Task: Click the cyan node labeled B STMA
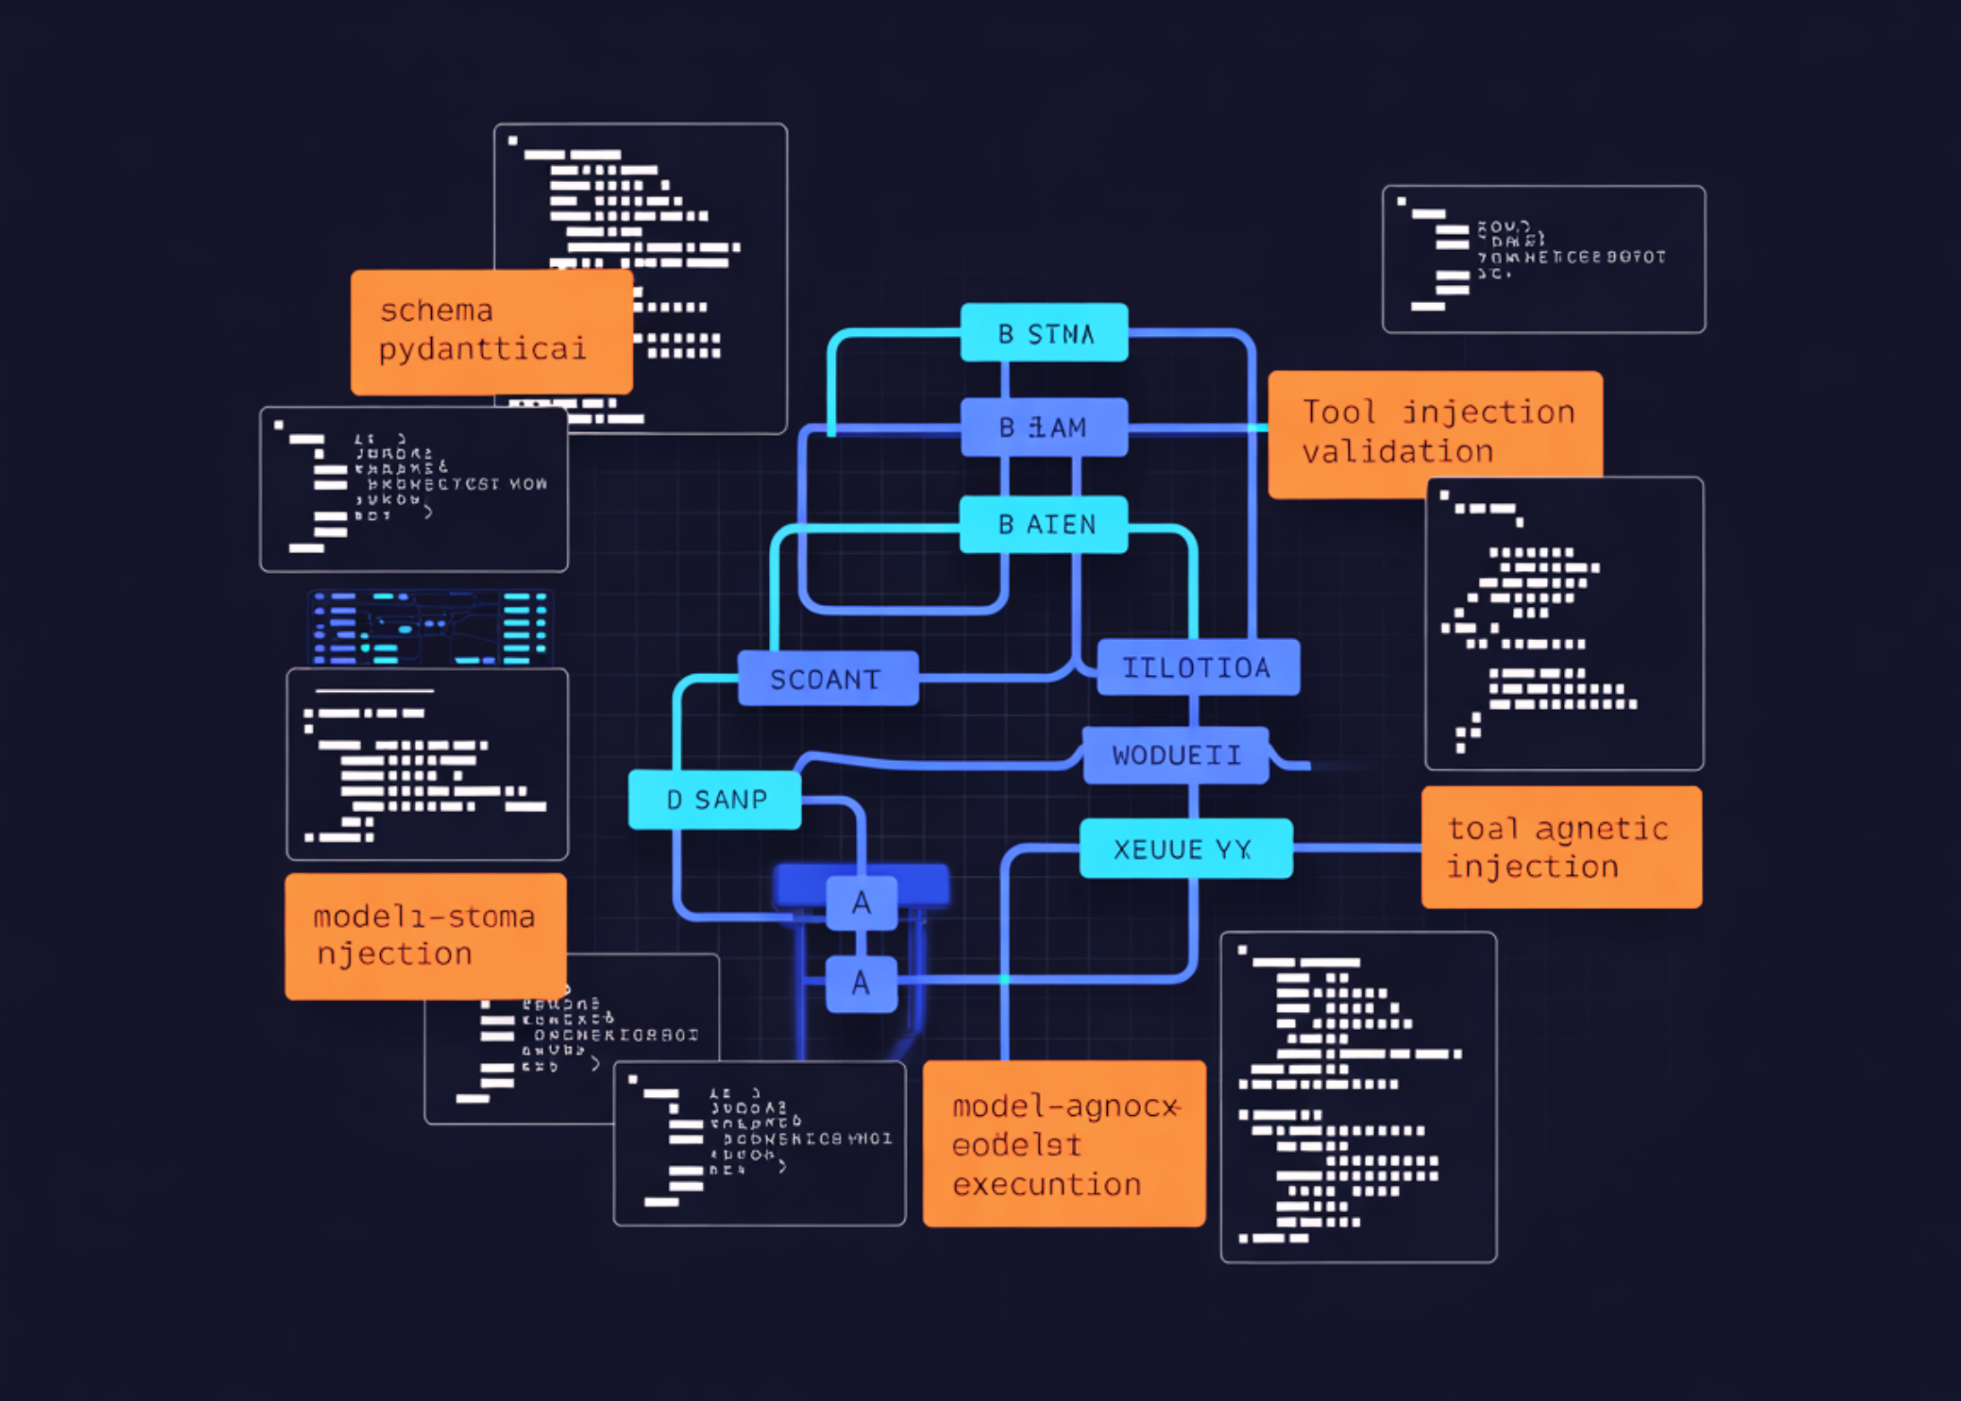click(x=1044, y=333)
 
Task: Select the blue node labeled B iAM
click(x=1044, y=428)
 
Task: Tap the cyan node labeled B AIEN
click(x=1044, y=524)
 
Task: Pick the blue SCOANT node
click(x=827, y=679)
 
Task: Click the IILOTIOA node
click(x=1197, y=668)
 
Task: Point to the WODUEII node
click(x=1176, y=756)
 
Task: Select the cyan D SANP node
click(x=715, y=800)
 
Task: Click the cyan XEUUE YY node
click(x=1185, y=849)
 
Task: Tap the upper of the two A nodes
click(x=861, y=904)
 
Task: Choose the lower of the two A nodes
click(x=861, y=983)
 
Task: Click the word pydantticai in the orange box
click(x=482, y=350)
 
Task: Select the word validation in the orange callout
click(x=1397, y=452)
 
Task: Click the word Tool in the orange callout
click(x=1339, y=412)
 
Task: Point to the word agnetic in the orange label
click(x=1602, y=830)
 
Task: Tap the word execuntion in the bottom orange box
click(x=1046, y=1185)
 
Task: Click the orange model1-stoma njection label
click(x=426, y=936)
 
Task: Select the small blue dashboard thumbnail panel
click(x=430, y=627)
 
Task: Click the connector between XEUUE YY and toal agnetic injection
click(x=1357, y=848)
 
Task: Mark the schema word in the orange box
click(x=436, y=311)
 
